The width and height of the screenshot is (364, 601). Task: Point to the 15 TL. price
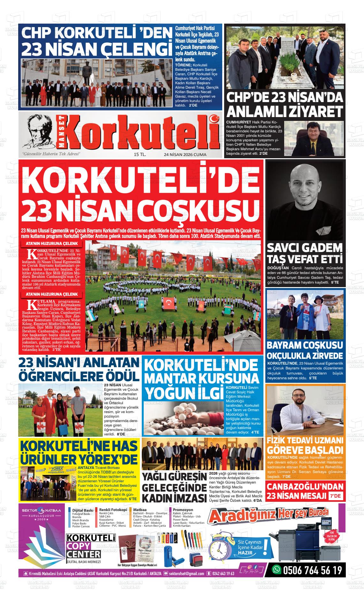pos(140,155)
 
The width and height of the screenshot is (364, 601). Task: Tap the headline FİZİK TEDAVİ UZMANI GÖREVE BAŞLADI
pos(305,446)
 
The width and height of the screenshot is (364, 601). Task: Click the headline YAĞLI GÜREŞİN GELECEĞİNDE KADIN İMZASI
pos(174,487)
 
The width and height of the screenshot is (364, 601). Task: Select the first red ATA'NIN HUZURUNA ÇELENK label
pos(52,244)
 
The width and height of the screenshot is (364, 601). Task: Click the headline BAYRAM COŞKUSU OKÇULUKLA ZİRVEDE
pos(305,350)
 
